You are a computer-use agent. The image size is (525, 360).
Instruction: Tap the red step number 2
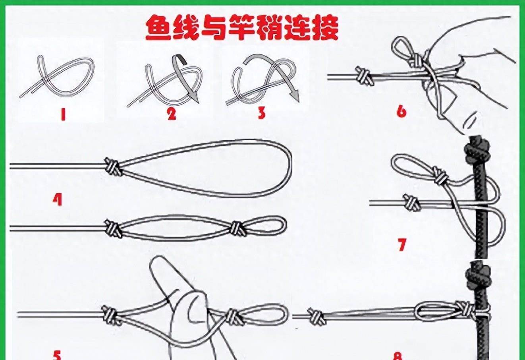pyautogui.click(x=171, y=114)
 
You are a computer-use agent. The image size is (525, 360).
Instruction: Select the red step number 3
pyautogui.click(x=261, y=112)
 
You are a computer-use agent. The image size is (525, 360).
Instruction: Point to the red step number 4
pyautogui.click(x=58, y=199)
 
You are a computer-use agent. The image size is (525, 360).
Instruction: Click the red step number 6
pyautogui.click(x=401, y=112)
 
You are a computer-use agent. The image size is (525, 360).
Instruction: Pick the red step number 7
pyautogui.click(x=402, y=244)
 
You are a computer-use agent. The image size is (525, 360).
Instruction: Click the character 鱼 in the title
pyautogui.click(x=158, y=28)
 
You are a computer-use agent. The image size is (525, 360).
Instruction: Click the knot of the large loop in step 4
pyautogui.click(x=112, y=166)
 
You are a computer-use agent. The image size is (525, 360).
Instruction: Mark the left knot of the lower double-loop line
pyautogui.click(x=113, y=228)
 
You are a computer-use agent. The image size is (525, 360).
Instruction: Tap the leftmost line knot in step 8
pyautogui.click(x=317, y=316)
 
